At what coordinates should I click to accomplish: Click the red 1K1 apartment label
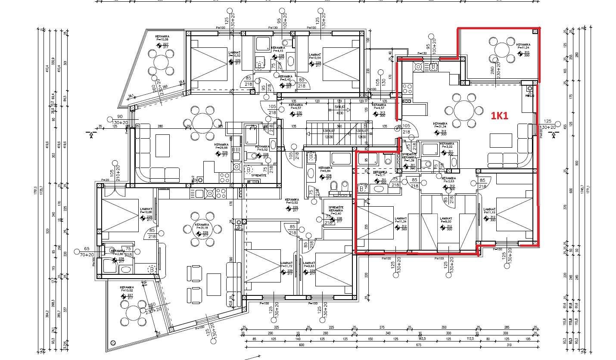[500, 115]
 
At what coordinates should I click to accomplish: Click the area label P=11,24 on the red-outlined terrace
[523, 48]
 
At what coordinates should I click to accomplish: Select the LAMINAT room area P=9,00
[446, 222]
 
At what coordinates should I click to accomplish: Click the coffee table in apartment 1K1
[501, 141]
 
